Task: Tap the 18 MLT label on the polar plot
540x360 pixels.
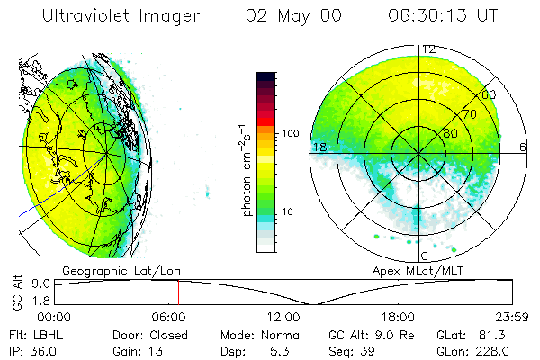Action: [318, 147]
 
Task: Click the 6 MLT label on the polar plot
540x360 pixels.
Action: [523, 147]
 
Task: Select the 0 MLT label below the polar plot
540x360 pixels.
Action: [424, 256]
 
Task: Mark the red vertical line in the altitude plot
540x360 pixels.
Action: [178, 292]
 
